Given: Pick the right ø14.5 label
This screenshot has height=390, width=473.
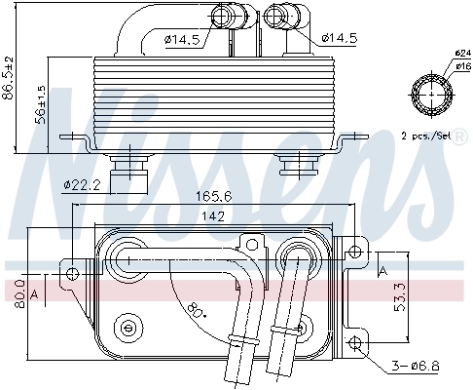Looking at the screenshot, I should point(340,38).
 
